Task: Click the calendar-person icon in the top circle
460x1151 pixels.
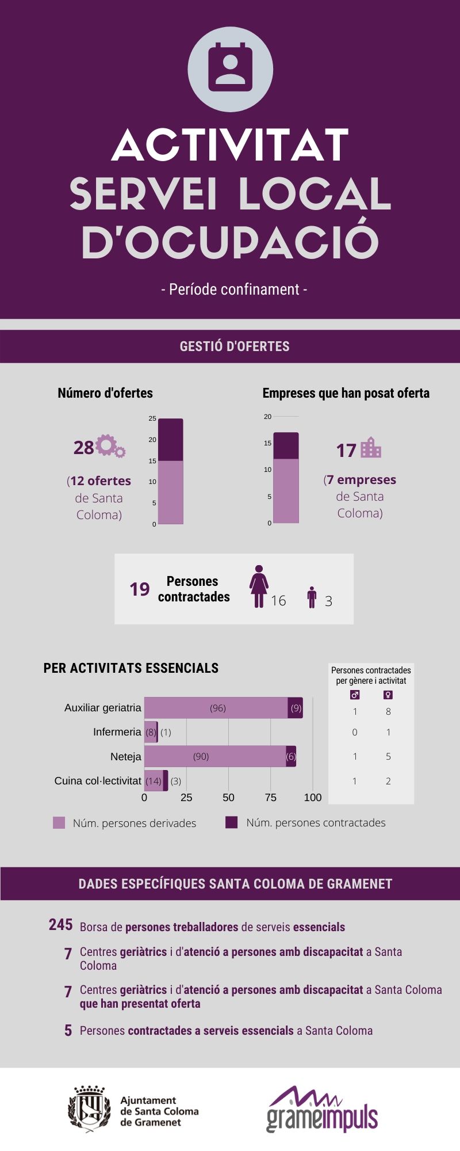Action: pos(230,67)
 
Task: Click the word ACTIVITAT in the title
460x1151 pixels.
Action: pos(230,145)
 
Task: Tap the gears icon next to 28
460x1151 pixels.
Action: pos(110,446)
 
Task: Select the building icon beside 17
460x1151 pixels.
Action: pos(371,448)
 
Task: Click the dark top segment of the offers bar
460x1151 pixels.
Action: pos(170,440)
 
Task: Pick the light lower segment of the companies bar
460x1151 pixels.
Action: pos(286,490)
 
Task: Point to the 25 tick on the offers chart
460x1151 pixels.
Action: pos(152,418)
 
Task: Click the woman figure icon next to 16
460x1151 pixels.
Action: pos(259,586)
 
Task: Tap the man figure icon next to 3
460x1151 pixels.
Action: pos(312,597)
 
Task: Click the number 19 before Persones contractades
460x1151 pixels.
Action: pos(139,589)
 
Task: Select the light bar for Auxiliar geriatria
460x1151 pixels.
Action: pos(216,708)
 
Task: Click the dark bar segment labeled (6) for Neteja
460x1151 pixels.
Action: pos(291,756)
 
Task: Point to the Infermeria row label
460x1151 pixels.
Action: pos(117,732)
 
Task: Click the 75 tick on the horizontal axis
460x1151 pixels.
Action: pos(270,798)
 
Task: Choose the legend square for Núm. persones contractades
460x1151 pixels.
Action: pos(231,822)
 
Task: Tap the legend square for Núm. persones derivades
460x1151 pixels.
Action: pos(59,822)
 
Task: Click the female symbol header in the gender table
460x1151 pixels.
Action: pos(388,695)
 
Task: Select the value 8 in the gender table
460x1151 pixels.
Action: pos(388,712)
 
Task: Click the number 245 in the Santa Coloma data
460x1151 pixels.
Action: pos(60,925)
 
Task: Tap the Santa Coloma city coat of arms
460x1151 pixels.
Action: pos(89,1108)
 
